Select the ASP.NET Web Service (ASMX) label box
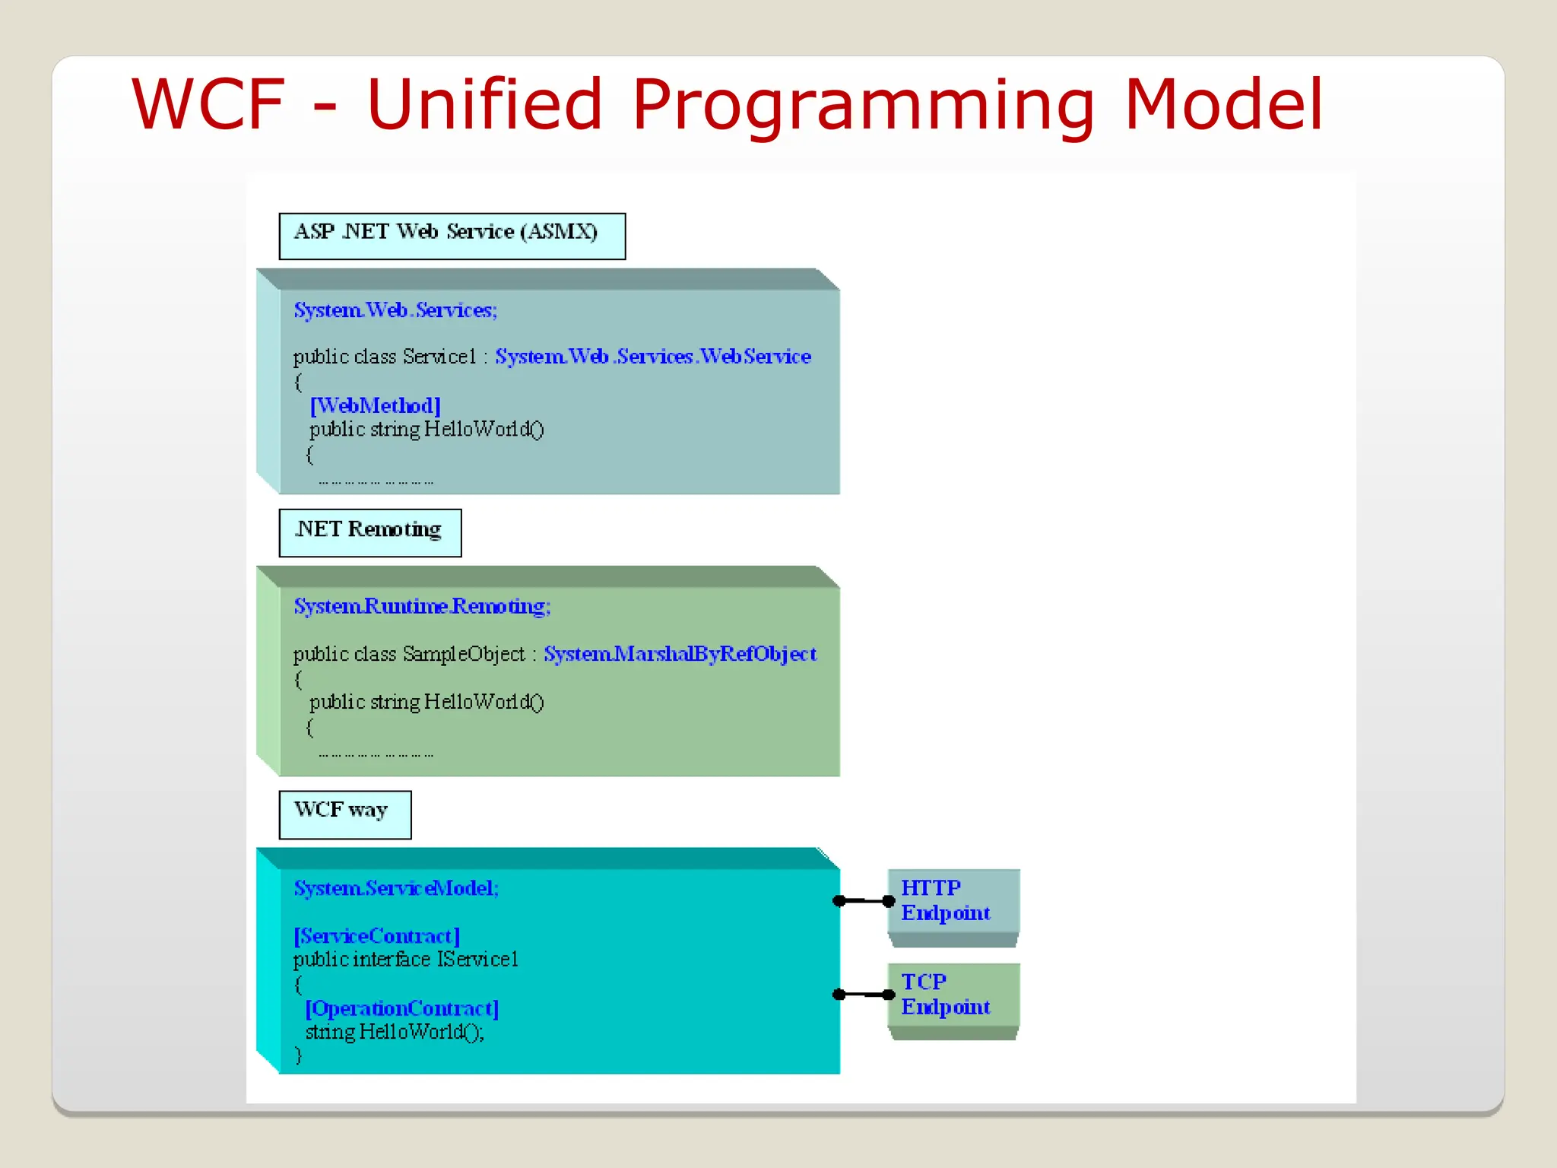(452, 236)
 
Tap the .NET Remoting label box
(369, 532)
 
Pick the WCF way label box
(344, 814)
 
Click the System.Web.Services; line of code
(395, 310)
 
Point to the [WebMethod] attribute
(375, 405)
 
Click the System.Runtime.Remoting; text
(422, 606)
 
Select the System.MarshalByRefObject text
(680, 654)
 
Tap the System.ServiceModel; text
(396, 888)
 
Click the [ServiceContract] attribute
(376, 936)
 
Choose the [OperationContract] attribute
(401, 1008)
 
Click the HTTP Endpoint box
(953, 901)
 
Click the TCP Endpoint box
(953, 995)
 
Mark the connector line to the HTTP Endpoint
(864, 901)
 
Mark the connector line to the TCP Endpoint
(864, 995)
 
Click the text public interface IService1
(405, 960)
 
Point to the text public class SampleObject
(409, 654)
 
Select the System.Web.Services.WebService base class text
(653, 357)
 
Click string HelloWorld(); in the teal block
(394, 1032)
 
